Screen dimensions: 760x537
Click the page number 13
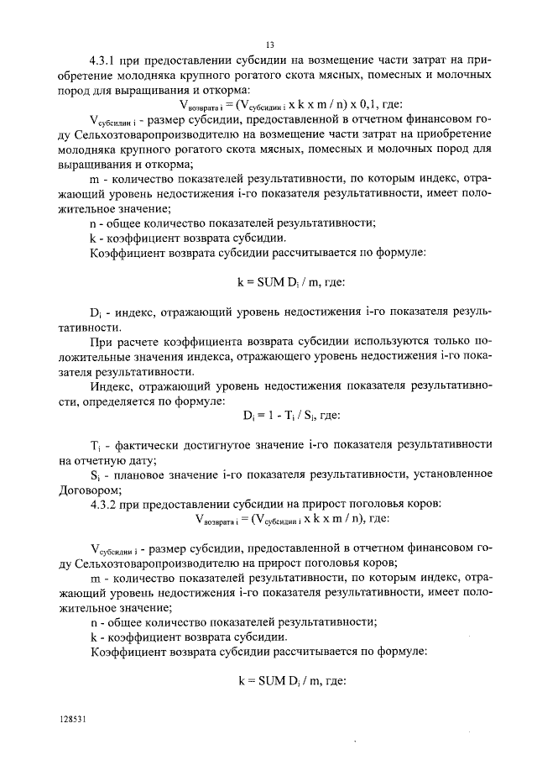point(269,44)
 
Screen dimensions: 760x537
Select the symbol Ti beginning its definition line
point(95,443)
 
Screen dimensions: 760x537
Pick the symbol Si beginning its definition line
point(95,474)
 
